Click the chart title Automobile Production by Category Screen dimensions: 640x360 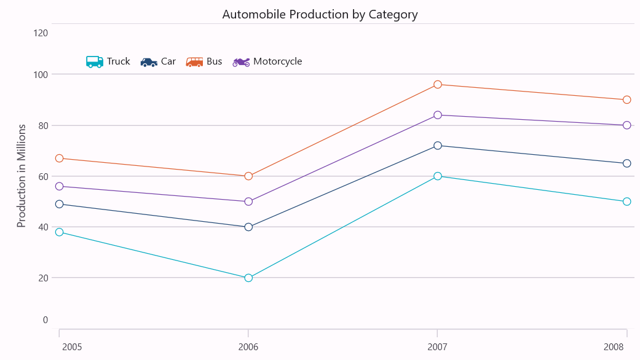320,15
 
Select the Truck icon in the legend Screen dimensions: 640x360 95,61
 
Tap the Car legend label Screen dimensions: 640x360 168,61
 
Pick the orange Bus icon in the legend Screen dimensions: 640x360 194,61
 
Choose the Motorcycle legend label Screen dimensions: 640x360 277,61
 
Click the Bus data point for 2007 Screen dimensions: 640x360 438,84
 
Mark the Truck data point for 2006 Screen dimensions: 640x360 248,278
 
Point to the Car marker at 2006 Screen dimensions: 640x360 248,227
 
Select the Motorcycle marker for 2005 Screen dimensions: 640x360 59,186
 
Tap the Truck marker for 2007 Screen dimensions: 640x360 438,176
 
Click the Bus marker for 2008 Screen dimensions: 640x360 627,100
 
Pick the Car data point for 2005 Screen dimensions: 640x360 59,204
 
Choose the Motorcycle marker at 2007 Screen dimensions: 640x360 438,115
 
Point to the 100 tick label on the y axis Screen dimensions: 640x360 41,75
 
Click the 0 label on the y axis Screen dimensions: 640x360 45,320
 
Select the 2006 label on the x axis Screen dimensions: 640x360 248,347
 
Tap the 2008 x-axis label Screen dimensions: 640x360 614,347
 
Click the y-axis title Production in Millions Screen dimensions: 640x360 22,176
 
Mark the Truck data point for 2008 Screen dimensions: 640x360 627,202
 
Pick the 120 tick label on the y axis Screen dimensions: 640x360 41,33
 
